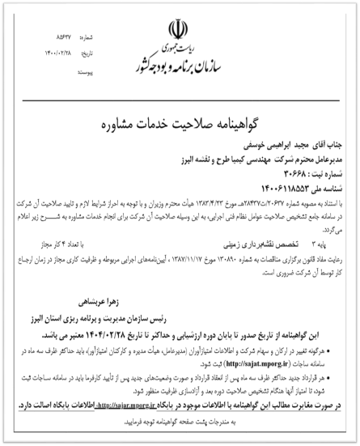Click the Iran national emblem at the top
click(180, 28)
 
